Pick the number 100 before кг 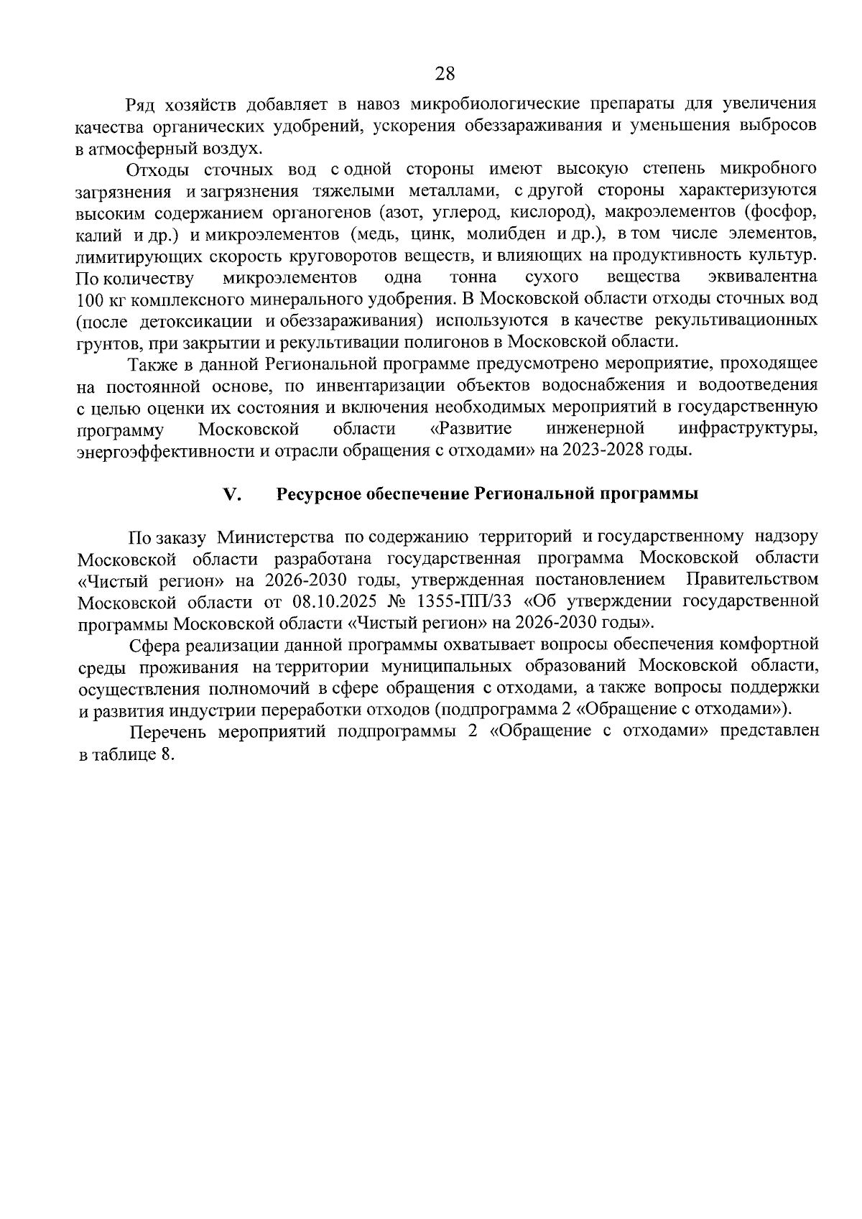point(88,299)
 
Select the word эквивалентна point(763,277)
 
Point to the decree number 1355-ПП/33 point(460,601)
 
